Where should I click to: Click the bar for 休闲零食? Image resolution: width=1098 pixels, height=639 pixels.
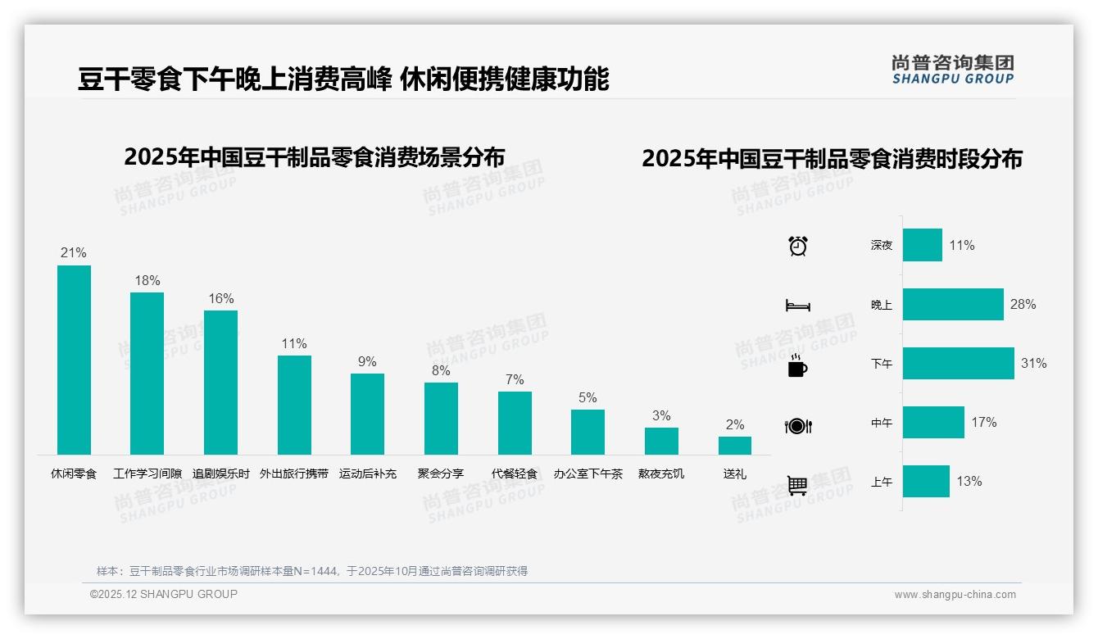74,360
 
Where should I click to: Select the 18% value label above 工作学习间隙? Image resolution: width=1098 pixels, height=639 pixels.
147,280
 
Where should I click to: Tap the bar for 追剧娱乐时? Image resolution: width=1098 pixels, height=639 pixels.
220,382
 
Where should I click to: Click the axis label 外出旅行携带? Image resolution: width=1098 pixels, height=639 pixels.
294,474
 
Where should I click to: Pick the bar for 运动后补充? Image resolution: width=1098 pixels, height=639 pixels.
367,414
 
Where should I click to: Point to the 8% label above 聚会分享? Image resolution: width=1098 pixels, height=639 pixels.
441,370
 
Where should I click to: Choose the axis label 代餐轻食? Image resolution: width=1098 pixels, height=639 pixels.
515,474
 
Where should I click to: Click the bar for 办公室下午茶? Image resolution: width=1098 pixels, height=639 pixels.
588,432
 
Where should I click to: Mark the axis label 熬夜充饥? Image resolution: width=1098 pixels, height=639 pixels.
661,474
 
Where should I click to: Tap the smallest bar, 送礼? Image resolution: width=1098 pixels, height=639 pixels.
735,445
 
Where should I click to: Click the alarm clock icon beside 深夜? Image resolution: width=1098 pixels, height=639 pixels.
798,246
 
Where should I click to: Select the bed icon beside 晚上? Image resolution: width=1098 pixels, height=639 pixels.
798,306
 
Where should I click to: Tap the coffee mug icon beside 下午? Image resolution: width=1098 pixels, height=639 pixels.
797,366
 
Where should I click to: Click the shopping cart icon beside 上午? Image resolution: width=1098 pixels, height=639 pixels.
797,485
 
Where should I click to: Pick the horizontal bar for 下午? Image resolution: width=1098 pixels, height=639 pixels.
958,364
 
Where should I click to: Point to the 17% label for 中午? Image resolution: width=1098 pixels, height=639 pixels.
984,423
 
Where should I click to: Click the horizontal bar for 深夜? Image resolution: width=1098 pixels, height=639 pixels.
923,246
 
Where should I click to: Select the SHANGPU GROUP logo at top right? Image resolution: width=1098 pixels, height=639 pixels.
952,70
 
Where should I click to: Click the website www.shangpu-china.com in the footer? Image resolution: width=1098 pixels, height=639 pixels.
955,595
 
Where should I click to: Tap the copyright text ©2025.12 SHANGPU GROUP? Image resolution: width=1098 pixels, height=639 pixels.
164,595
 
